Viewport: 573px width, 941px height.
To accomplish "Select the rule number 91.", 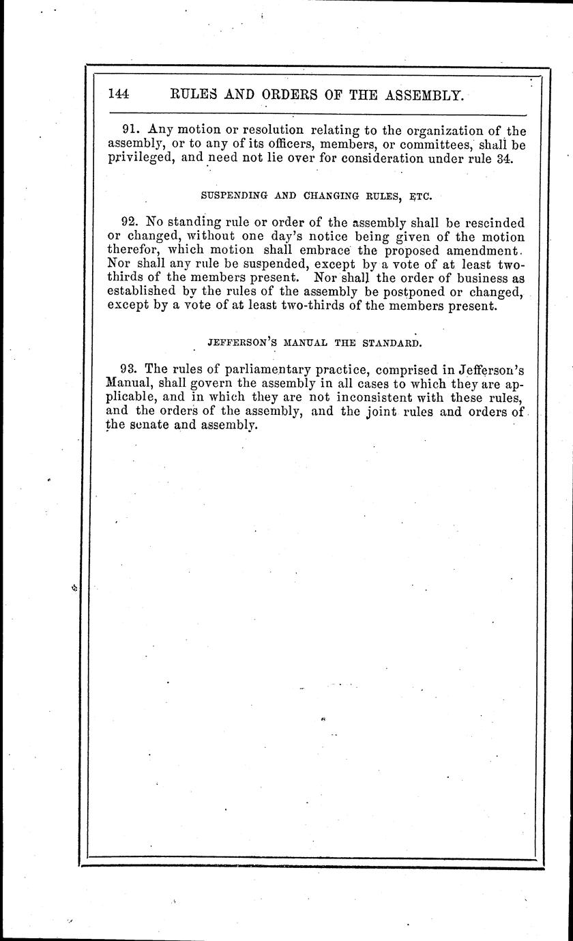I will (x=130, y=130).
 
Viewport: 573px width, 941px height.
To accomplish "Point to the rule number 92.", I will (x=130, y=222).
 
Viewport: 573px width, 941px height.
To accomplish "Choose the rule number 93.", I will (x=130, y=370).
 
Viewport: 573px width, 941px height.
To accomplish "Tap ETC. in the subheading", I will (x=420, y=195).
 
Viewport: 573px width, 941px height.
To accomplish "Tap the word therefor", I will (x=133, y=250).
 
